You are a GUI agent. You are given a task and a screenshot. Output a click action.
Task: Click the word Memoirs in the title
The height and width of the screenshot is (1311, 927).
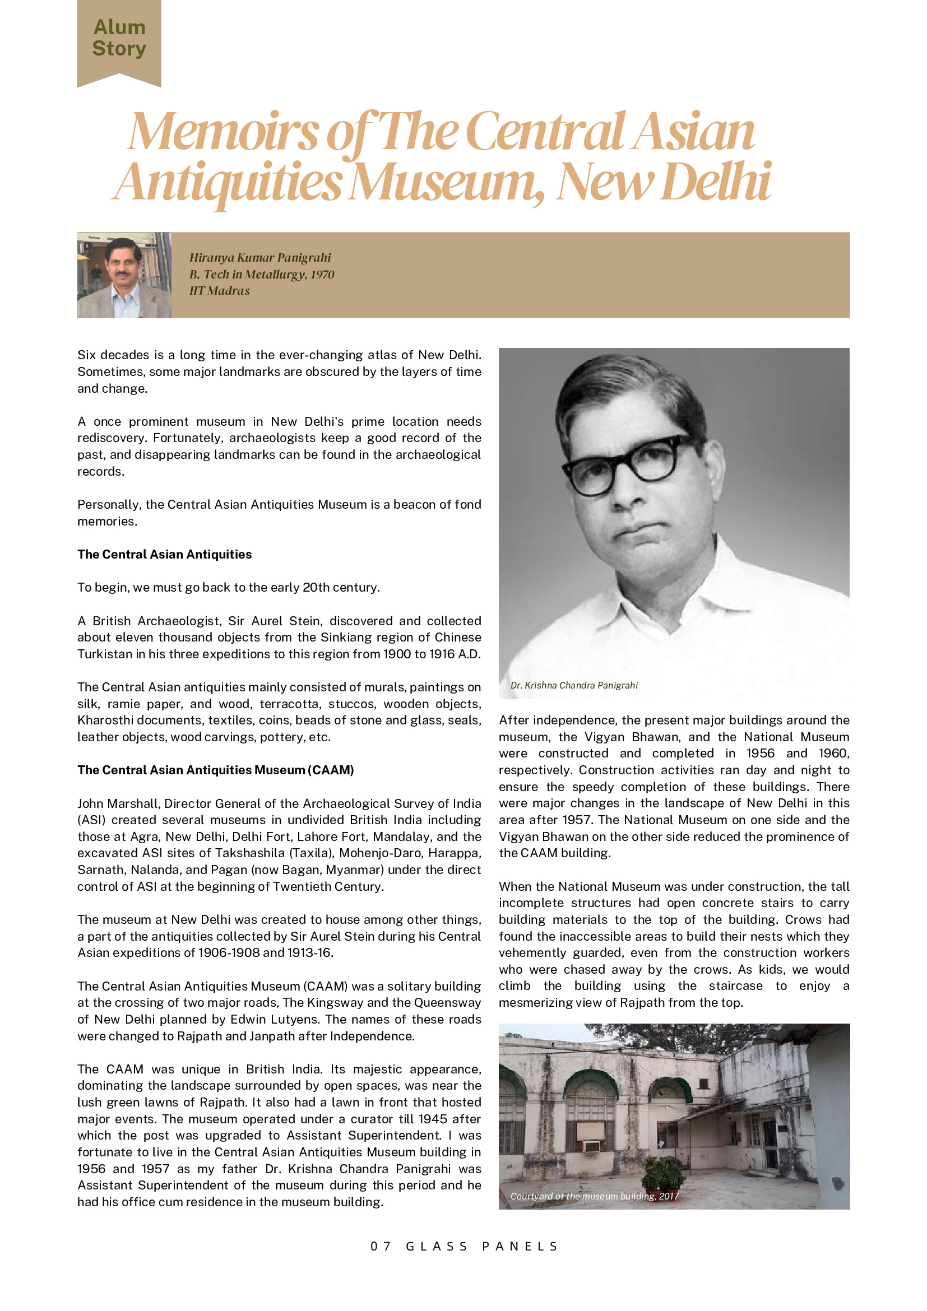223,131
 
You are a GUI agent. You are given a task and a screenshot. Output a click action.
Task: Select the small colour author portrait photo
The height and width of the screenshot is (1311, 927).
124,275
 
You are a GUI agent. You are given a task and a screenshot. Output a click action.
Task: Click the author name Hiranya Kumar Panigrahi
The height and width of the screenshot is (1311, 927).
260,258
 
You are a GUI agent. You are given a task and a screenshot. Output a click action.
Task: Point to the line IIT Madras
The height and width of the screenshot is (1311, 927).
219,291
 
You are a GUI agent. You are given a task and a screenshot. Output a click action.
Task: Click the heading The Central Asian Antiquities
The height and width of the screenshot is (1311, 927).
165,554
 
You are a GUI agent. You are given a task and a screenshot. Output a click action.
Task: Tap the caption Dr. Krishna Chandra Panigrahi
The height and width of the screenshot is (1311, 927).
573,685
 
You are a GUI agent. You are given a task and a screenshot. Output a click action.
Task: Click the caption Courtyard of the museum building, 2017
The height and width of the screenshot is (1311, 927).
594,1196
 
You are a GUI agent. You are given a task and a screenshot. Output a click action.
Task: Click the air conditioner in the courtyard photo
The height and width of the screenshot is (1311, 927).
591,1146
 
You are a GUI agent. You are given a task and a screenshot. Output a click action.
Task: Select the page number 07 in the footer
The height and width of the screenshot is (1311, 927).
381,1246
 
